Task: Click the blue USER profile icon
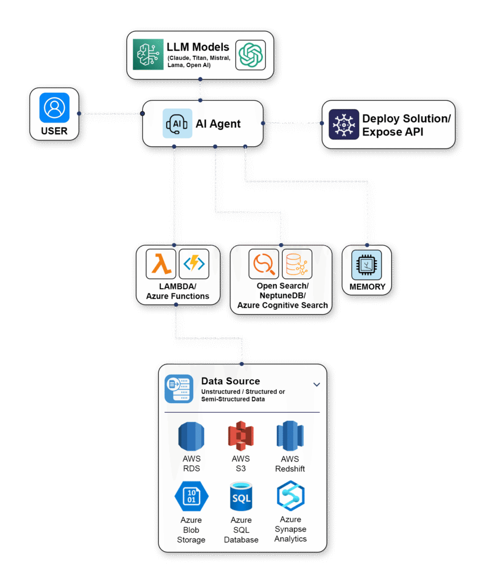[55, 108]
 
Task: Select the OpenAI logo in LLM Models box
[250, 55]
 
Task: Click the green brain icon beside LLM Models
[148, 55]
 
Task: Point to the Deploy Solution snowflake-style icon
[343, 124]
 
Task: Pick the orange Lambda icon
[161, 264]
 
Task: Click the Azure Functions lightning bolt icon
[194, 264]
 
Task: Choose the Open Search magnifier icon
[264, 264]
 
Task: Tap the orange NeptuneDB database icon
[297, 264]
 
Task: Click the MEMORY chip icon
[367, 264]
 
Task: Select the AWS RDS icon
[191, 437]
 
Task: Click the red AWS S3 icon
[241, 437]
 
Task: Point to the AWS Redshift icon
[290, 437]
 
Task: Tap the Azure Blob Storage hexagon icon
[192, 497]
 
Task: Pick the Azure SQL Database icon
[241, 497]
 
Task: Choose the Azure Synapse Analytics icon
[291, 496]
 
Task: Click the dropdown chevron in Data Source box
[317, 384]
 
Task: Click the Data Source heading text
[230, 381]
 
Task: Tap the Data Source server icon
[178, 389]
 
